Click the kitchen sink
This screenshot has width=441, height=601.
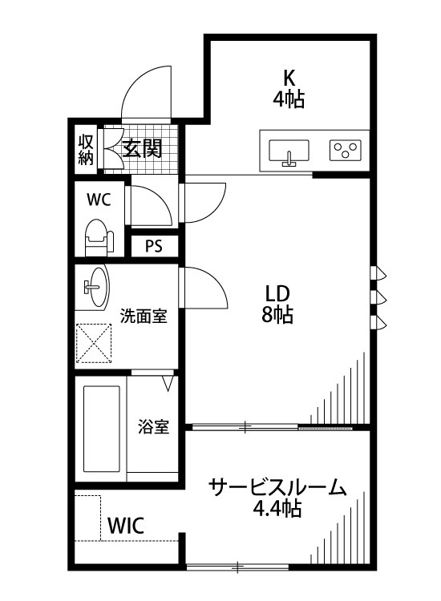[289, 151]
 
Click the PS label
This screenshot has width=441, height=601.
[153, 246]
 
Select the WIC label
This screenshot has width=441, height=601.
[126, 526]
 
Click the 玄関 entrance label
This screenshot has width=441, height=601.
[144, 147]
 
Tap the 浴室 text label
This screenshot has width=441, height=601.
[152, 426]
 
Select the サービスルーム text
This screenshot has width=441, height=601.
[277, 487]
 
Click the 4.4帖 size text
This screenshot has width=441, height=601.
[277, 508]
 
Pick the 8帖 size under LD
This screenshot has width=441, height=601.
[277, 314]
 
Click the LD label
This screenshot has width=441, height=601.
[277, 292]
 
